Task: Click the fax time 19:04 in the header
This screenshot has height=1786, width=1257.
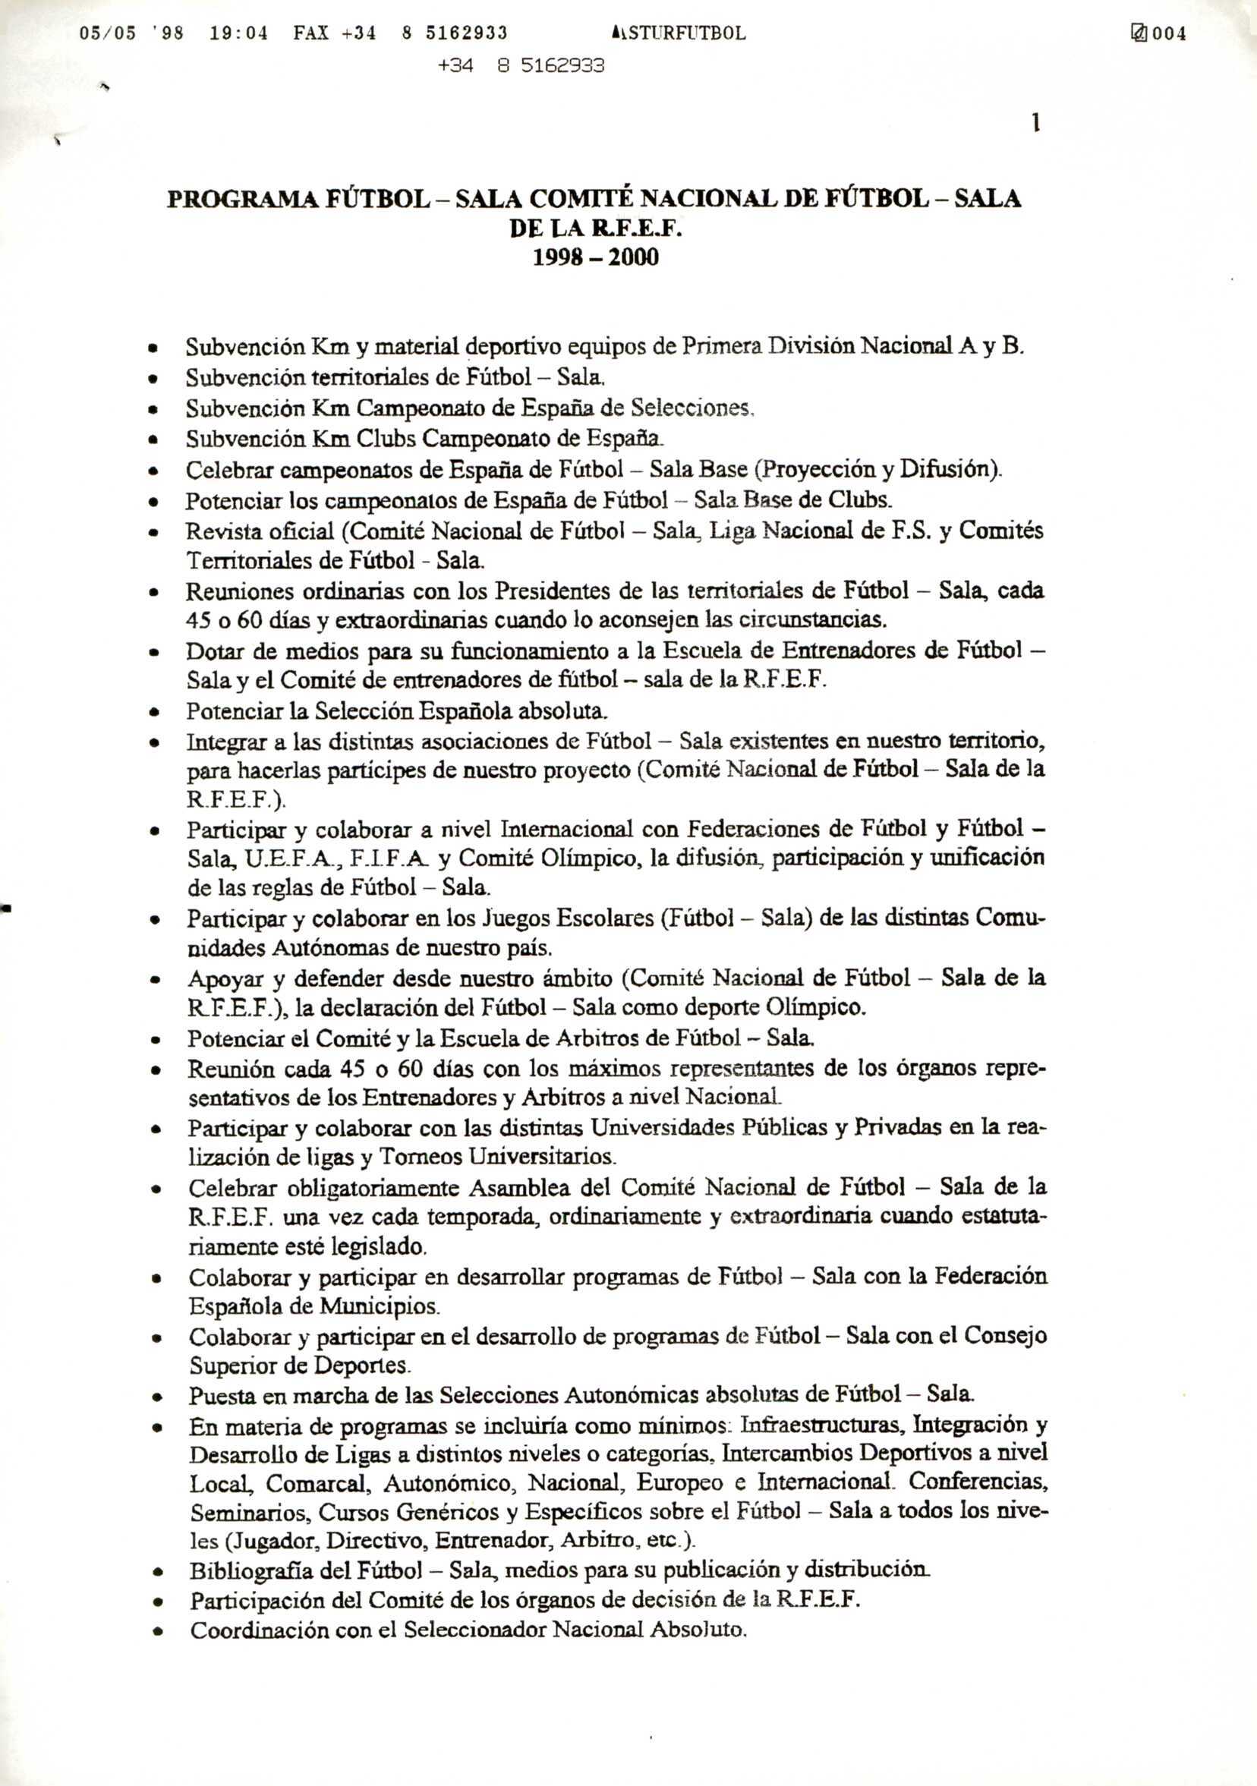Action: click(239, 33)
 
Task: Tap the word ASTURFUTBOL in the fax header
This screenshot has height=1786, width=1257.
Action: click(679, 33)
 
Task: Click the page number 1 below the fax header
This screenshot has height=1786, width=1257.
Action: click(1036, 123)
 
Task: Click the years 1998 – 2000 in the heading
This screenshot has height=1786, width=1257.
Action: click(595, 257)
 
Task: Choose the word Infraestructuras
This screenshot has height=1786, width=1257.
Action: click(821, 1425)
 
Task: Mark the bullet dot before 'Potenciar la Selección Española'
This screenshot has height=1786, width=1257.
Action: click(154, 712)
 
